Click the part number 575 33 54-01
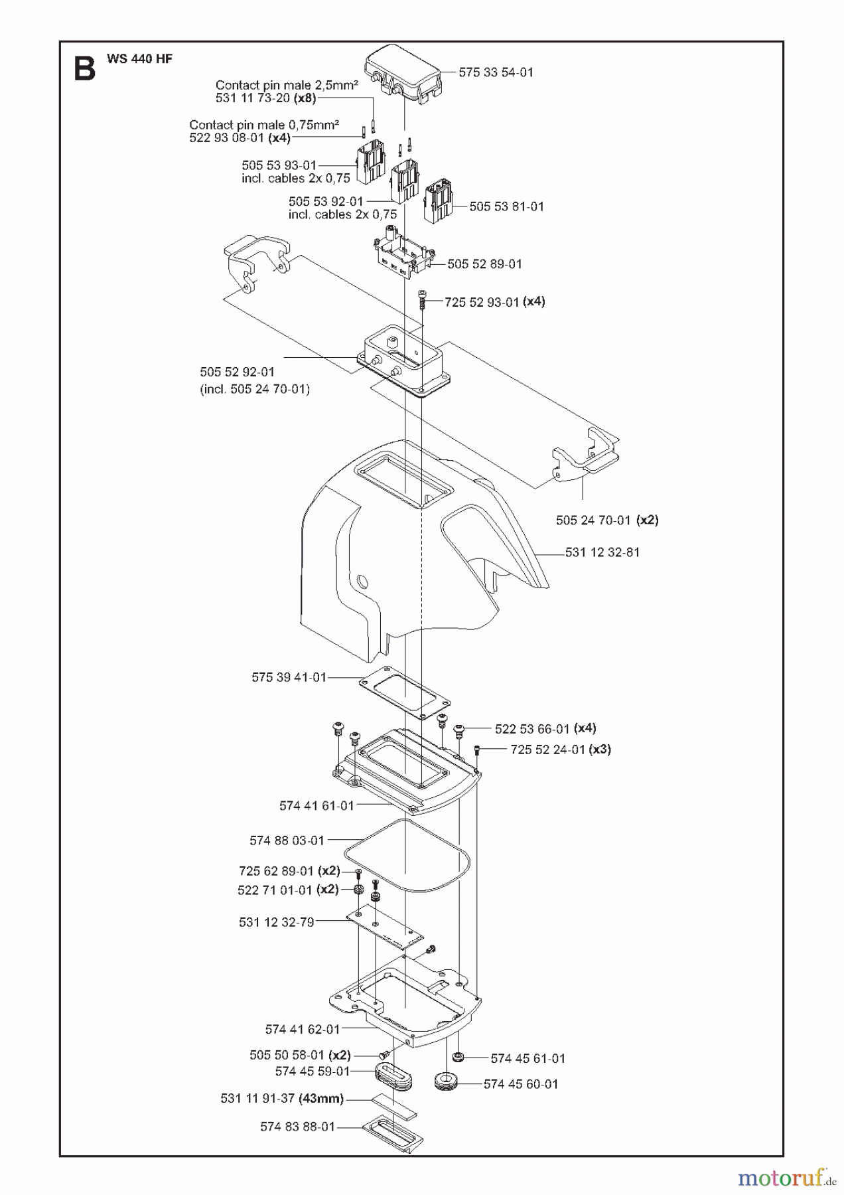pyautogui.click(x=496, y=72)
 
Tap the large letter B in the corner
pyautogui.click(x=84, y=68)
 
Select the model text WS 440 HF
pyautogui.click(x=139, y=58)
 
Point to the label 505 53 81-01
pyautogui.click(x=506, y=206)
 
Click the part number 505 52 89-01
pyautogui.click(x=484, y=264)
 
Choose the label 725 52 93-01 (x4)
pyautogui.click(x=494, y=301)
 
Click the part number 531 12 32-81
pyautogui.click(x=602, y=552)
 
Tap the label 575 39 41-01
pyautogui.click(x=289, y=677)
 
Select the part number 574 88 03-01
pyautogui.click(x=287, y=840)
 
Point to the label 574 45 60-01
pyautogui.click(x=521, y=1084)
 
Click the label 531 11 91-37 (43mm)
pyautogui.click(x=282, y=1099)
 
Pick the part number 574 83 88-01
pyautogui.click(x=298, y=1127)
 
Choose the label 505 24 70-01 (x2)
pyautogui.click(x=606, y=520)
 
